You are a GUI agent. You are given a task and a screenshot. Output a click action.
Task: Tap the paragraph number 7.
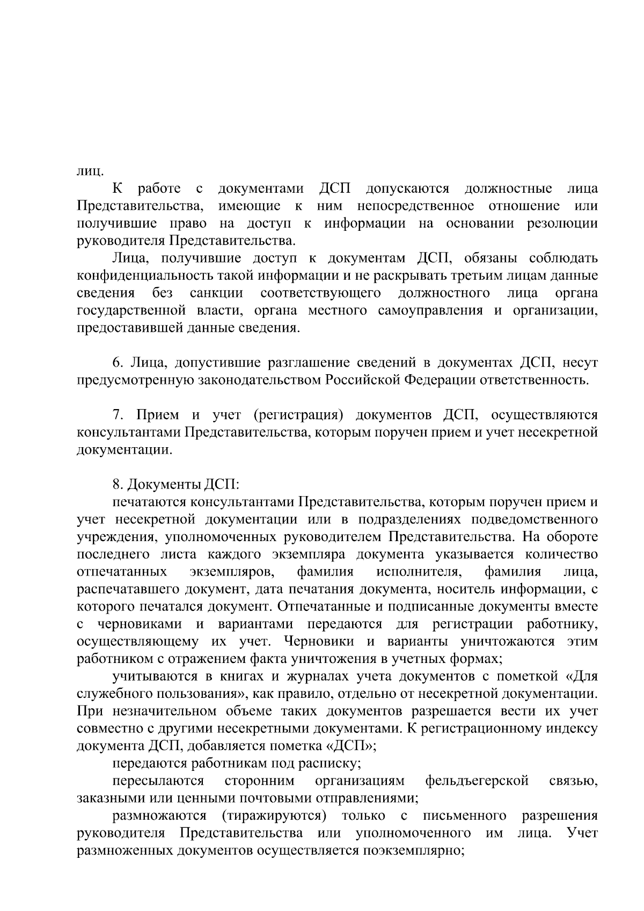tap(118, 415)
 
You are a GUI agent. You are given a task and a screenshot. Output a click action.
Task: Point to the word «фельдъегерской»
tap(477, 780)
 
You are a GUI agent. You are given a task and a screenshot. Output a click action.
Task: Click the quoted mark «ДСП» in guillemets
tap(351, 746)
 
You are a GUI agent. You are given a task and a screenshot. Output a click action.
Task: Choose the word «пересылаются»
tap(158, 780)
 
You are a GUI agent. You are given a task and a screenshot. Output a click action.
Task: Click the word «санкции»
tap(216, 293)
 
